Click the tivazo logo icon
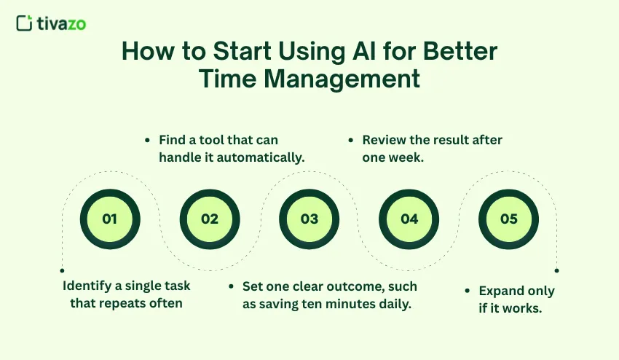point(24,23)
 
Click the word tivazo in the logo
point(61,23)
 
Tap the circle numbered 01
point(109,219)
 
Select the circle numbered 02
point(210,219)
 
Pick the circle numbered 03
point(309,219)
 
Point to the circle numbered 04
point(409,219)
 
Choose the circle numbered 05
point(509,219)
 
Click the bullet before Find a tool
point(149,139)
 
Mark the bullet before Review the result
point(352,139)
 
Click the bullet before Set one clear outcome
point(232,286)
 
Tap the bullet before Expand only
point(467,291)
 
